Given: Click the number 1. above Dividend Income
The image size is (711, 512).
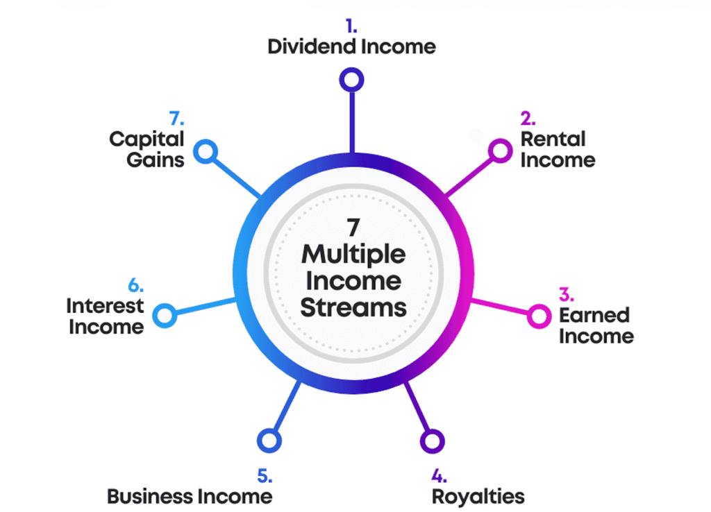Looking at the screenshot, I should pyautogui.click(x=352, y=26).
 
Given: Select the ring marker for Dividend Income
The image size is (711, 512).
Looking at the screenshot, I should pyautogui.click(x=352, y=79).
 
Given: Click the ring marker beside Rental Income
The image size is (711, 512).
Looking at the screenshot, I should pyautogui.click(x=500, y=150).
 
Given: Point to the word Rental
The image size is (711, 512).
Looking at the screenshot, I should pyautogui.click(x=553, y=139).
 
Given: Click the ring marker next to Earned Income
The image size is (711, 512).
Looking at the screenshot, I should pyautogui.click(x=538, y=316).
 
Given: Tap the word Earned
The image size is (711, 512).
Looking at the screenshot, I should pyautogui.click(x=594, y=316).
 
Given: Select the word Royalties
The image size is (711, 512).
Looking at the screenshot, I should pyautogui.click(x=478, y=496).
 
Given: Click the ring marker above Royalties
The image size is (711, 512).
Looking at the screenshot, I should pyautogui.click(x=432, y=441).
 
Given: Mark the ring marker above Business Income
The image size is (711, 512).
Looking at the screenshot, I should pyautogui.click(x=269, y=441).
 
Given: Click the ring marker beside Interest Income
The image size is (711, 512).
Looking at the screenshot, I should pyautogui.click(x=165, y=316).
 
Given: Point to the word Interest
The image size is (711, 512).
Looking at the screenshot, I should pyautogui.click(x=105, y=305).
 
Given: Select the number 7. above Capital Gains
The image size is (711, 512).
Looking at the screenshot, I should pyautogui.click(x=176, y=118).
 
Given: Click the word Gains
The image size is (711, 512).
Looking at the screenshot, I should pyautogui.click(x=160, y=159).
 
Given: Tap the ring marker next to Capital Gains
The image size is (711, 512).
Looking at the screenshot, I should pyautogui.click(x=205, y=151).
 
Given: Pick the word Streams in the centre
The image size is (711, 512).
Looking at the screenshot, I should pyautogui.click(x=353, y=307).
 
